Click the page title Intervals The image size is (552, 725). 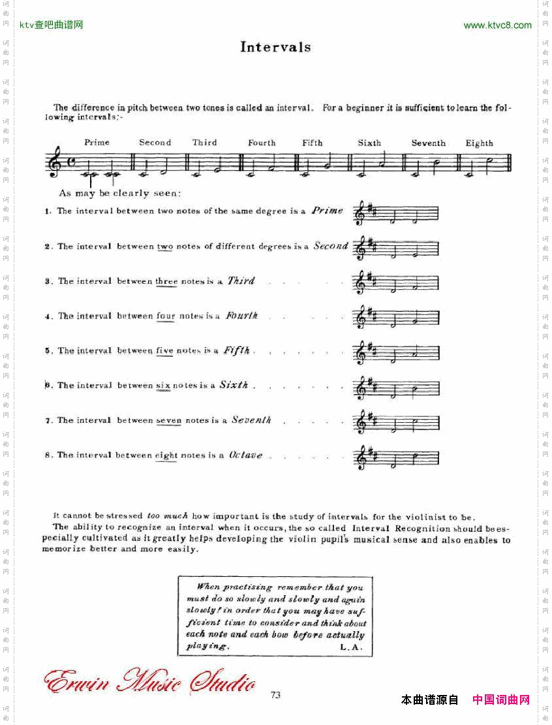click(275, 47)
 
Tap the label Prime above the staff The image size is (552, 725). click(97, 142)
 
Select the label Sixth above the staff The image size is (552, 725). click(369, 142)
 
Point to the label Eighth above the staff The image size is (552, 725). click(480, 143)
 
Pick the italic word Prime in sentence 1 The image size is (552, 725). click(327, 211)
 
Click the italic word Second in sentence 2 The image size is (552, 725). click(331, 246)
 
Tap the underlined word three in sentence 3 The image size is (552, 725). click(166, 281)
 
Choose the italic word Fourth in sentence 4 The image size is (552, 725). click(241, 316)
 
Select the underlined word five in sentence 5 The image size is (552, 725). click(164, 350)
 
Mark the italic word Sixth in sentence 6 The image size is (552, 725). click(234, 385)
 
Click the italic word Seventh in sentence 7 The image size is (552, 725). click(251, 420)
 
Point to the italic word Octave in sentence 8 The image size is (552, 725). click(245, 455)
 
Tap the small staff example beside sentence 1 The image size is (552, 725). click(396, 213)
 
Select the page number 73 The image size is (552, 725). click(275, 695)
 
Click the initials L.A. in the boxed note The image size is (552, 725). click(354, 647)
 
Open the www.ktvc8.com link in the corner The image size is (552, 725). click(497, 25)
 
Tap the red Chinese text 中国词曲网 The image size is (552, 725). click(501, 700)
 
